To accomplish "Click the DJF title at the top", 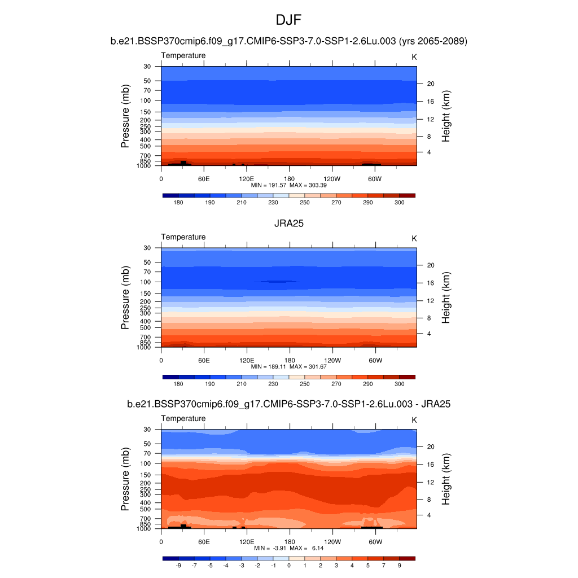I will (289, 20).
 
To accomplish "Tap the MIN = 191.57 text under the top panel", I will (269, 185).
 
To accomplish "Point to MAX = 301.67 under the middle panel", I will (309, 366).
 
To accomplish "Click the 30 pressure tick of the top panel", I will (147, 67).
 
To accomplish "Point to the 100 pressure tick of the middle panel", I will (146, 282).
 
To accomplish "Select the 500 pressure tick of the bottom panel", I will (146, 509).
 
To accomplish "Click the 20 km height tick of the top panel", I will (430, 84).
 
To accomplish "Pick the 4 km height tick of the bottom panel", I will (428, 515).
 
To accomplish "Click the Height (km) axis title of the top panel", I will (446, 116).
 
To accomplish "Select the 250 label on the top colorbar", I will (305, 203).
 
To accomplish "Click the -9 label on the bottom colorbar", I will (178, 565).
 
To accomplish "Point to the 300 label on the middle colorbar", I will (399, 384).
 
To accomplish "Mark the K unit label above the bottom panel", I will (414, 420).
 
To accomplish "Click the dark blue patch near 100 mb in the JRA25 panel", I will (276, 281).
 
